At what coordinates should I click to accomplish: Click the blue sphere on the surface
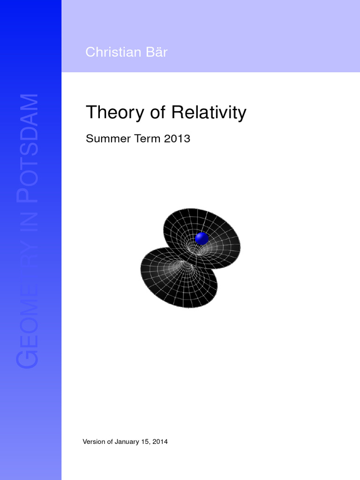click(202, 238)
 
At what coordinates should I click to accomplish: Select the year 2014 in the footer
click(159, 442)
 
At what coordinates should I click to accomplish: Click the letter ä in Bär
click(157, 52)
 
